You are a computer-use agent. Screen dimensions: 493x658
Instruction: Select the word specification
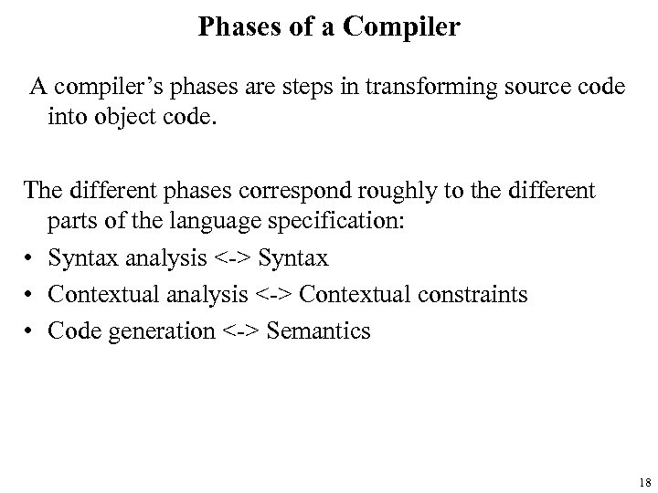(339, 225)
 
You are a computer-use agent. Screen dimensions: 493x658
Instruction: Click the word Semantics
(319, 329)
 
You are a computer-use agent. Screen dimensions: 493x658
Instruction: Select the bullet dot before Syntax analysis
(30, 259)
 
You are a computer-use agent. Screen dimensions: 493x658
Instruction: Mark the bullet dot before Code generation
(30, 329)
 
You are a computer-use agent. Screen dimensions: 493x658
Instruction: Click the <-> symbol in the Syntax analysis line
(234, 259)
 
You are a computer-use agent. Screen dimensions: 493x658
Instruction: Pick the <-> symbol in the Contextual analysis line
(273, 294)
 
